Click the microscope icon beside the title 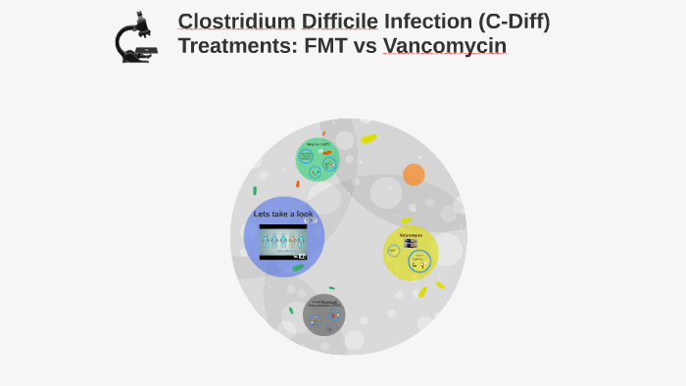pyautogui.click(x=136, y=37)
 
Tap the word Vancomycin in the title pyautogui.click(x=445, y=46)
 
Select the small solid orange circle pyautogui.click(x=414, y=174)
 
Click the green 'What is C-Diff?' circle pyautogui.click(x=318, y=160)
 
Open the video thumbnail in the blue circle pyautogui.click(x=283, y=242)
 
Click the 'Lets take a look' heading pyautogui.click(x=283, y=214)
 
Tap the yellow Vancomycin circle pyautogui.click(x=411, y=253)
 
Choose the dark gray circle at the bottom pyautogui.click(x=324, y=314)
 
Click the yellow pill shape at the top pyautogui.click(x=368, y=139)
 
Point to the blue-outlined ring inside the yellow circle pyautogui.click(x=420, y=262)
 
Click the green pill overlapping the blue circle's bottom pyautogui.click(x=298, y=267)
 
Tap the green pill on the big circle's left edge pyautogui.click(x=255, y=190)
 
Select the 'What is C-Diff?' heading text pyautogui.click(x=318, y=144)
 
